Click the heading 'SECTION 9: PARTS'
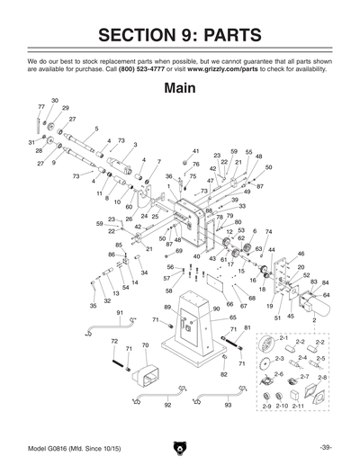(x=180, y=35)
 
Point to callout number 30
(x=55, y=101)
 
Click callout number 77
(x=41, y=107)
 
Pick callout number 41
(x=195, y=151)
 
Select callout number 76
(x=195, y=165)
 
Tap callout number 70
(x=145, y=345)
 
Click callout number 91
(x=121, y=312)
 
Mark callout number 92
(x=167, y=406)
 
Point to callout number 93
(x=228, y=406)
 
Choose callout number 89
(x=167, y=308)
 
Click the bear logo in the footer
(x=180, y=447)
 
